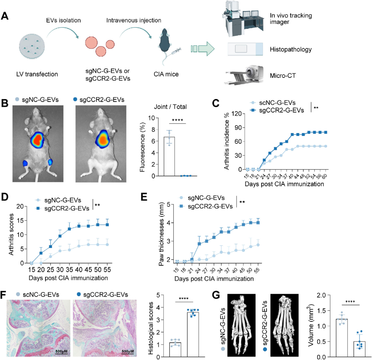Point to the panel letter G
[x=215, y=295]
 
